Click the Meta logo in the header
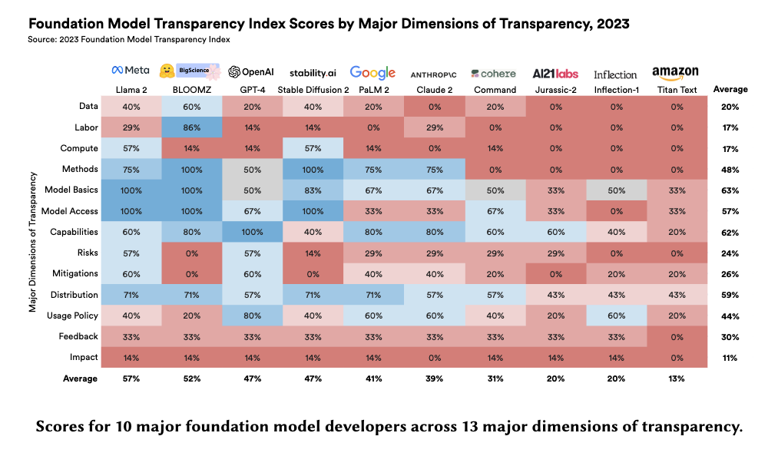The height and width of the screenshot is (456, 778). click(131, 71)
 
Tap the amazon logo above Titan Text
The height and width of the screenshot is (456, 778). click(675, 72)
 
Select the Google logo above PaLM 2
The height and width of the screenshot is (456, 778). click(372, 72)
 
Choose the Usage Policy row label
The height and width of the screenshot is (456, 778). click(72, 316)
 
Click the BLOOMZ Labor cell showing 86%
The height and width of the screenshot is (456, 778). click(191, 127)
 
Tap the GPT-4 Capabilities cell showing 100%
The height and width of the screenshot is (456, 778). click(252, 232)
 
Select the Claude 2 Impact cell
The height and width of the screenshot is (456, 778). click(433, 357)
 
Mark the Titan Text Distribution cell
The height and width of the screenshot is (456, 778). click(675, 295)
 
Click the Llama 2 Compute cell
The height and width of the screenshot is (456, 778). click(131, 148)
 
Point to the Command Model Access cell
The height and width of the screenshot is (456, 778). click(494, 211)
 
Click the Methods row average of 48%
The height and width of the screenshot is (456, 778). click(730, 169)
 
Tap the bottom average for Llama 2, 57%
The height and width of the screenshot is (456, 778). click(131, 378)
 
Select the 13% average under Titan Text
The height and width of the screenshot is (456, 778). click(675, 378)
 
